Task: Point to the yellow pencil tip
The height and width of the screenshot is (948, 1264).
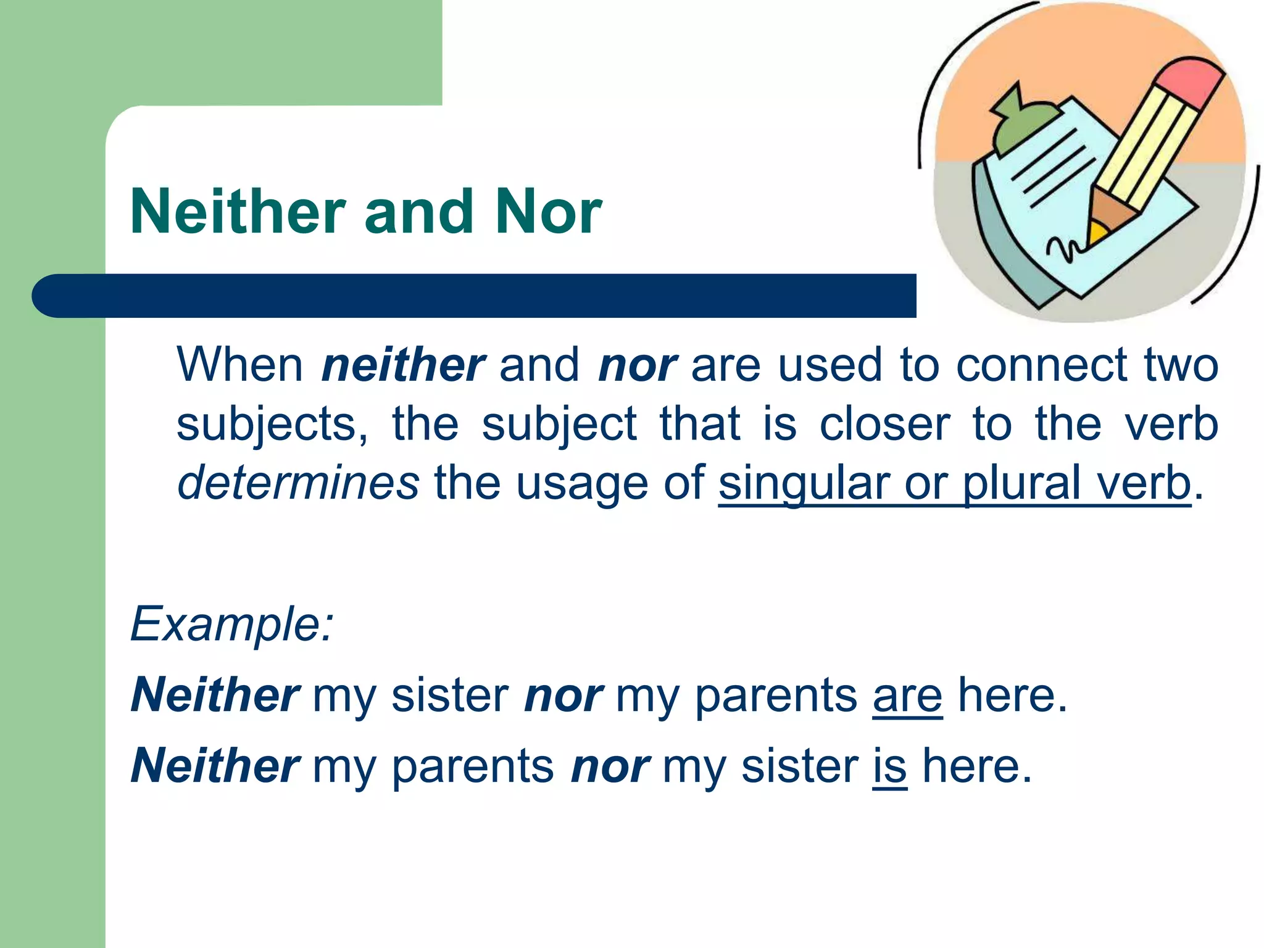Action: (x=1098, y=233)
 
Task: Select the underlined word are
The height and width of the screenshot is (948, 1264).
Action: (x=907, y=696)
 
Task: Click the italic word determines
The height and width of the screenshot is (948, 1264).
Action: (x=298, y=483)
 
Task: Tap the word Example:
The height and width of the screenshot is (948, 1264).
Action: (x=232, y=624)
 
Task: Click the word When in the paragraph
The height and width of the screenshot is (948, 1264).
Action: (x=239, y=365)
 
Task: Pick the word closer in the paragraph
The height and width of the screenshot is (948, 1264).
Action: (x=884, y=424)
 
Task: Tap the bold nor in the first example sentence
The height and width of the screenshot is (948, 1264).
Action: (x=563, y=696)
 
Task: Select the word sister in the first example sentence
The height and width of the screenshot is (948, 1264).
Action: (x=451, y=696)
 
